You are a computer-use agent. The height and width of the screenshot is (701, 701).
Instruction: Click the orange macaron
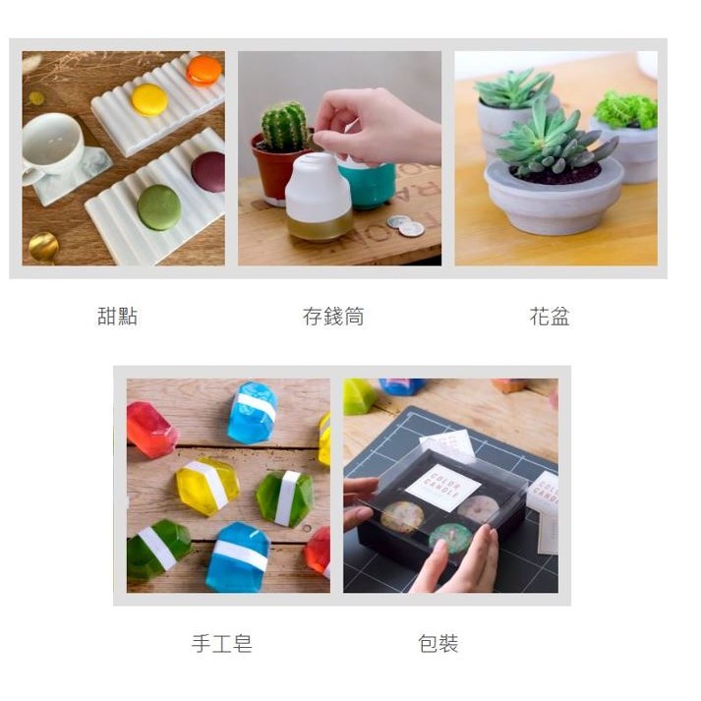204,70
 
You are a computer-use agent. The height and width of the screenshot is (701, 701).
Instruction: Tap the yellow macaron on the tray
149,99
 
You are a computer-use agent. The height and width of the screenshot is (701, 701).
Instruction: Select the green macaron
158,207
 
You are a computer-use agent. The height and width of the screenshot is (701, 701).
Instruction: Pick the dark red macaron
209,172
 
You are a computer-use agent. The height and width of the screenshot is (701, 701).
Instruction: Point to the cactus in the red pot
284,126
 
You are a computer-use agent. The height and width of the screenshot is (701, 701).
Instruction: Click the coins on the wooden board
406,225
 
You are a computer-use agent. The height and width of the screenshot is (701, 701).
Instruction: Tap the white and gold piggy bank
318,198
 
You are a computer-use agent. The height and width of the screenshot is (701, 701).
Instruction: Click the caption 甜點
117,316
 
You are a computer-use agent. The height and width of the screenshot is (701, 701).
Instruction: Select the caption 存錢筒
333,316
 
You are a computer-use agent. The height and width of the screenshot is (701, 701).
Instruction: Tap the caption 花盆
550,316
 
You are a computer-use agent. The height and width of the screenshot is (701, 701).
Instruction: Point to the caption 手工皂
222,644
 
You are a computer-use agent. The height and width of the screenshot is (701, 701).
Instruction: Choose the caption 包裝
438,644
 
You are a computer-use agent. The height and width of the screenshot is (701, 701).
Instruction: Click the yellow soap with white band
207,486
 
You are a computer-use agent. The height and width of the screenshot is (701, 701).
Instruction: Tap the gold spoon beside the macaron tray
43,247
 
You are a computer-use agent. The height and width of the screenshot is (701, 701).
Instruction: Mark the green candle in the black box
450,537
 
